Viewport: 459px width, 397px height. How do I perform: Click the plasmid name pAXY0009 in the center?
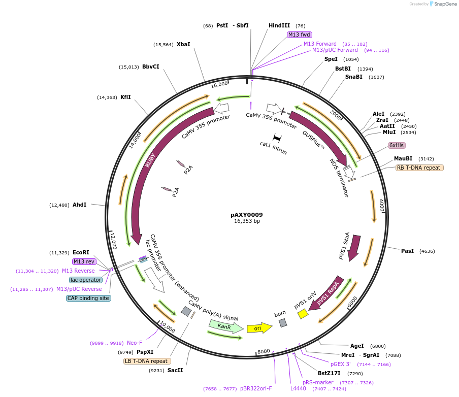pyautogui.click(x=246, y=215)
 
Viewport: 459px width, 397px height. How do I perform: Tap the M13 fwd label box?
pyautogui.click(x=299, y=35)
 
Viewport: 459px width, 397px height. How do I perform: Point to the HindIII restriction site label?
pyautogui.click(x=279, y=25)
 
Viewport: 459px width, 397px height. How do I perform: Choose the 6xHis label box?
pyautogui.click(x=397, y=145)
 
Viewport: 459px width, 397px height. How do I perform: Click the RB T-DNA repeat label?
pyautogui.click(x=419, y=168)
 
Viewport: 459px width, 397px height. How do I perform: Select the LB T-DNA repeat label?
pyautogui.click(x=146, y=361)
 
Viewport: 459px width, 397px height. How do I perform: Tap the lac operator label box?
pyautogui.click(x=86, y=280)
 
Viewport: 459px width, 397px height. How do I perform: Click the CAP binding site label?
pyautogui.click(x=88, y=298)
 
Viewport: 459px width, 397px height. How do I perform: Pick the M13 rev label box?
pyautogui.click(x=84, y=261)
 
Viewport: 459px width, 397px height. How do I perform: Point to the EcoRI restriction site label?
pyautogui.click(x=81, y=252)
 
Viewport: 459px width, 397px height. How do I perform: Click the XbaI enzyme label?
pyautogui.click(x=183, y=44)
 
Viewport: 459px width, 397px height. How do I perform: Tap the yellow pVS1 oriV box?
pyautogui.click(x=303, y=314)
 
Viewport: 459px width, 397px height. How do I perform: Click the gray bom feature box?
pyautogui.click(x=283, y=322)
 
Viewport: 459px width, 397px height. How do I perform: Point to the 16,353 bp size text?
pyautogui.click(x=247, y=221)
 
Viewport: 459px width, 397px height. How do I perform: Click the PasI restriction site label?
pyautogui.click(x=407, y=251)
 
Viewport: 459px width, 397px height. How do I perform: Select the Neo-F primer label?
pyautogui.click(x=135, y=343)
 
